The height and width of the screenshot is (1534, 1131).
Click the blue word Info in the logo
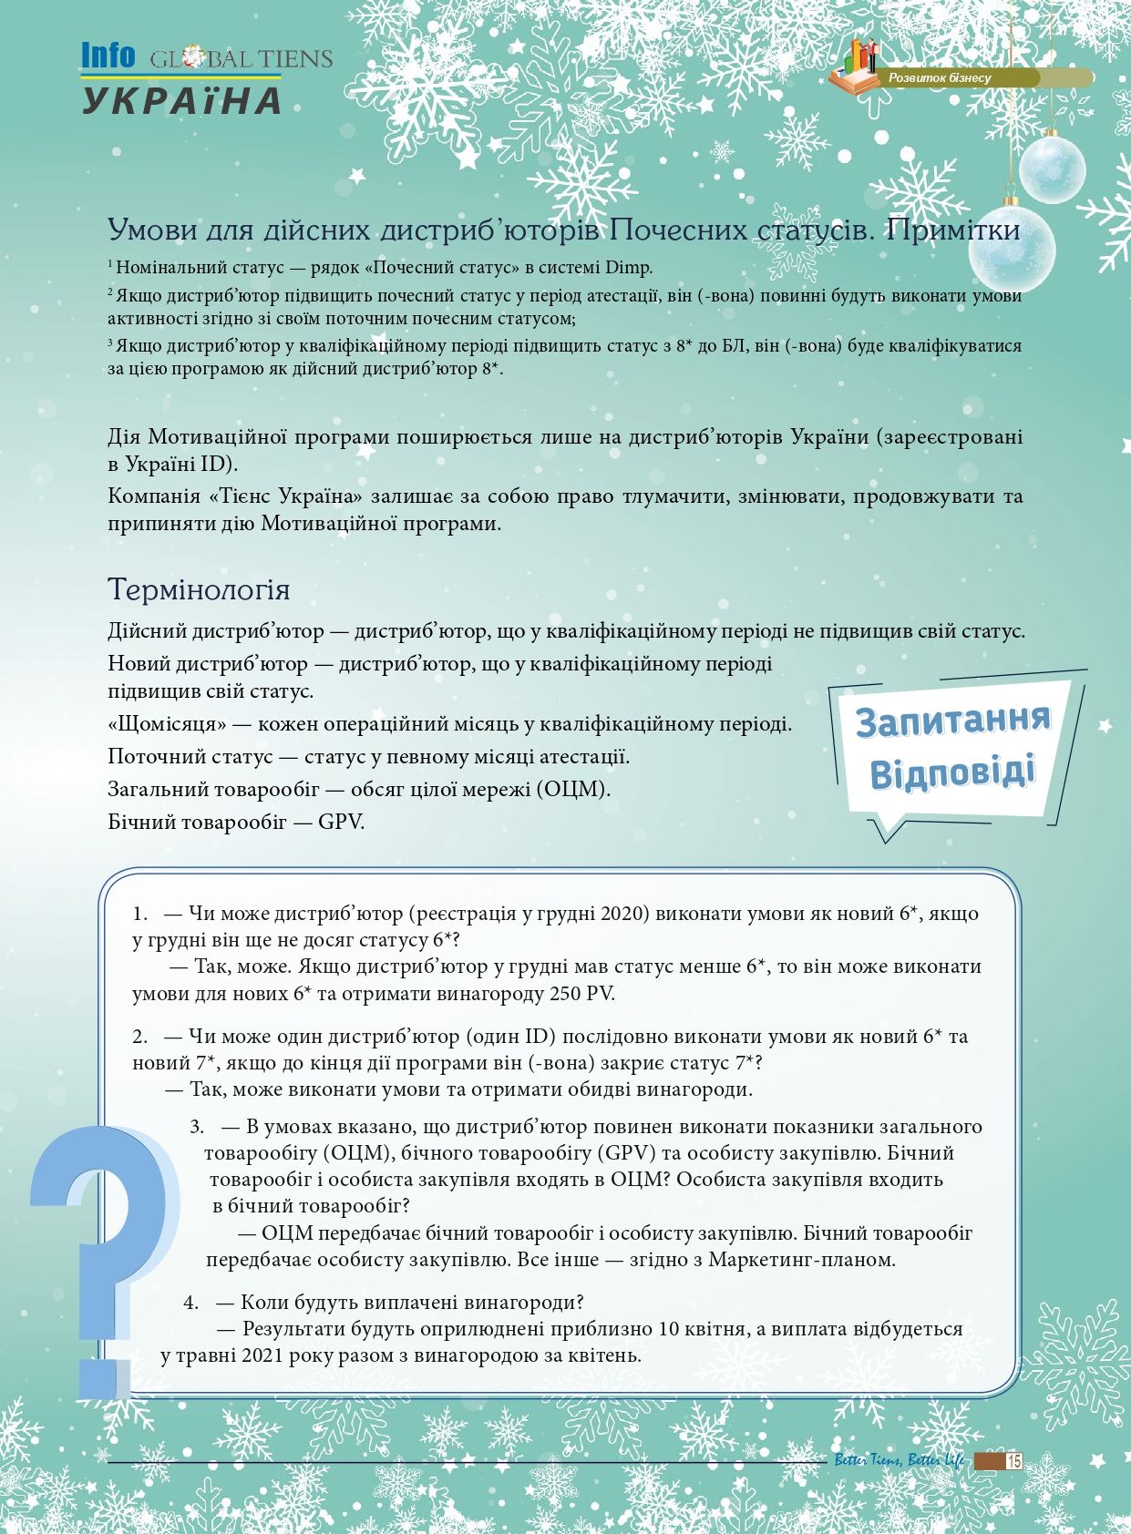[x=108, y=56]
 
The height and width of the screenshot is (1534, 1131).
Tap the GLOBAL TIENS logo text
[x=242, y=59]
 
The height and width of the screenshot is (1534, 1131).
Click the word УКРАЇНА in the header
[x=182, y=100]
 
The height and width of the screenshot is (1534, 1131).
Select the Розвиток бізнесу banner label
[x=940, y=78]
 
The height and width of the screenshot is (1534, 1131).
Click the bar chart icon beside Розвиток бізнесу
[x=857, y=60]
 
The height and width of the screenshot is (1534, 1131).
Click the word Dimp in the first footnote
[x=630, y=268]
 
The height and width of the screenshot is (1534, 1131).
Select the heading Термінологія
[x=199, y=589]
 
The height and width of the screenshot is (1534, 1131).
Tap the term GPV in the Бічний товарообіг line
[x=340, y=822]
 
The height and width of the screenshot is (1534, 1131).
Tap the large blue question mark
[x=100, y=1257]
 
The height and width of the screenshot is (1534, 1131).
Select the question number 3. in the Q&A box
[x=197, y=1126]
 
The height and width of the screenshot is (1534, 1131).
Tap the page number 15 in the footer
[x=1013, y=1461]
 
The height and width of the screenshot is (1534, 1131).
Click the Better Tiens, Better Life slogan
[x=899, y=1461]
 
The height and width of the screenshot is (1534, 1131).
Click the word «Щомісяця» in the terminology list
[x=167, y=724]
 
